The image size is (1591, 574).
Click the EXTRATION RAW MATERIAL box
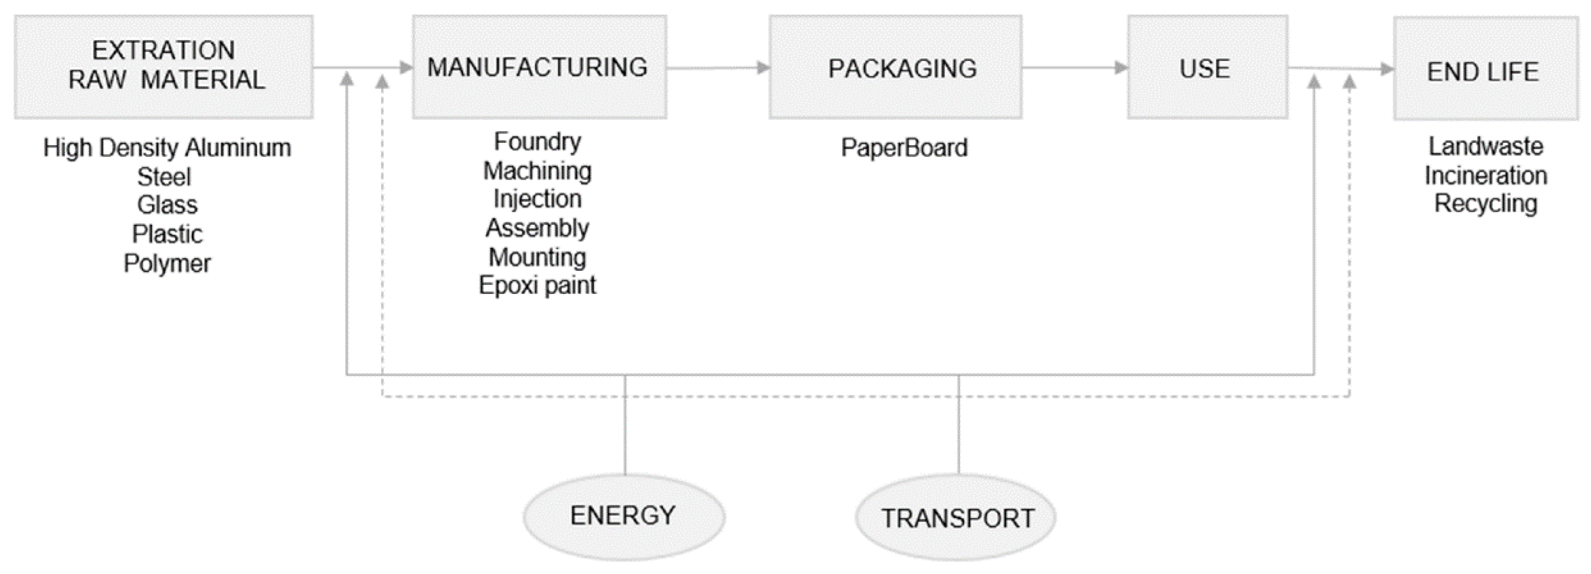163,66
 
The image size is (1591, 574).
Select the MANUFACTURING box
539,66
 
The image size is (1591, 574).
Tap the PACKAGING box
895,66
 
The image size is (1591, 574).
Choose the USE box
1207,66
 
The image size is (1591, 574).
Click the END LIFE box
1485,68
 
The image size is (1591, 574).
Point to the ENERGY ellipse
624,517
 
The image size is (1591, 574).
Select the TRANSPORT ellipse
955,518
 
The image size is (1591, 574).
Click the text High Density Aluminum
167,148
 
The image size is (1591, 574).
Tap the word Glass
167,205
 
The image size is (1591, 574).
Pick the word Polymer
167,263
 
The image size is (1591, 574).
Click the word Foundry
537,142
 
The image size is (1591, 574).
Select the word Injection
537,199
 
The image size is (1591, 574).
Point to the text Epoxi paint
537,285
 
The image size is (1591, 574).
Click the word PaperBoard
904,148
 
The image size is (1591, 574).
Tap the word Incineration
1485,175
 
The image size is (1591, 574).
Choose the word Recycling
1485,203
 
